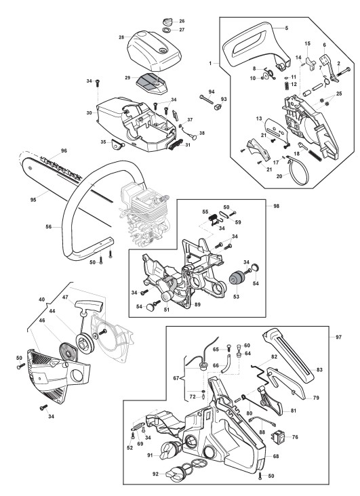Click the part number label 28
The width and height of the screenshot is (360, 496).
121,37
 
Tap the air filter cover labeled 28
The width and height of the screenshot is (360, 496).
154,51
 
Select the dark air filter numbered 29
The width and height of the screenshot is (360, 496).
151,83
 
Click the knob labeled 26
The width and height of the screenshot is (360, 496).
167,22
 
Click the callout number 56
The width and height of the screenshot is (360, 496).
48,226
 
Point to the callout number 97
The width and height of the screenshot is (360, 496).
338,337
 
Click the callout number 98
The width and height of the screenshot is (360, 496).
276,206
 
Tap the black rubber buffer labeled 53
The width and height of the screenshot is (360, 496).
236,278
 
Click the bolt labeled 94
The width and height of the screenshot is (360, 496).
207,100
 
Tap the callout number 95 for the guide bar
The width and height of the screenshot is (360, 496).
33,200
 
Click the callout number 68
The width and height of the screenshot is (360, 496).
276,456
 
